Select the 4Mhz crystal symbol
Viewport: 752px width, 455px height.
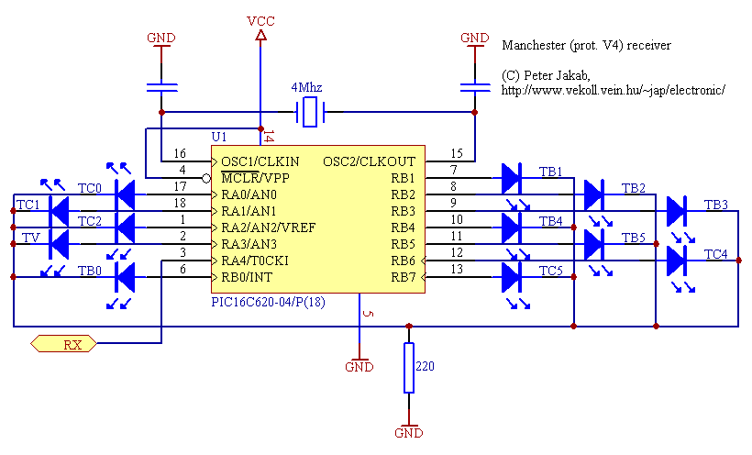pyautogui.click(x=310, y=113)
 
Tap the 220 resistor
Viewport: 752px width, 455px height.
pyautogui.click(x=408, y=367)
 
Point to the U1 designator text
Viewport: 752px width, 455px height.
pyautogui.click(x=219, y=136)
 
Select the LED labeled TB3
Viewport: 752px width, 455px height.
pyautogui.click(x=678, y=211)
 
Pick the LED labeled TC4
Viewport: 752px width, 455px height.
pyautogui.click(x=678, y=261)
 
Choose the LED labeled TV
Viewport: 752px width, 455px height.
pyautogui.click(x=59, y=244)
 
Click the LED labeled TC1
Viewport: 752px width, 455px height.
pyautogui.click(x=59, y=211)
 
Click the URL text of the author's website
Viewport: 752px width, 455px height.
pyautogui.click(x=614, y=90)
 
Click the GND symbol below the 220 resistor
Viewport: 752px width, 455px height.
pyautogui.click(x=408, y=432)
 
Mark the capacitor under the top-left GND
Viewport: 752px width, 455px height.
pyautogui.click(x=162, y=87)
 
